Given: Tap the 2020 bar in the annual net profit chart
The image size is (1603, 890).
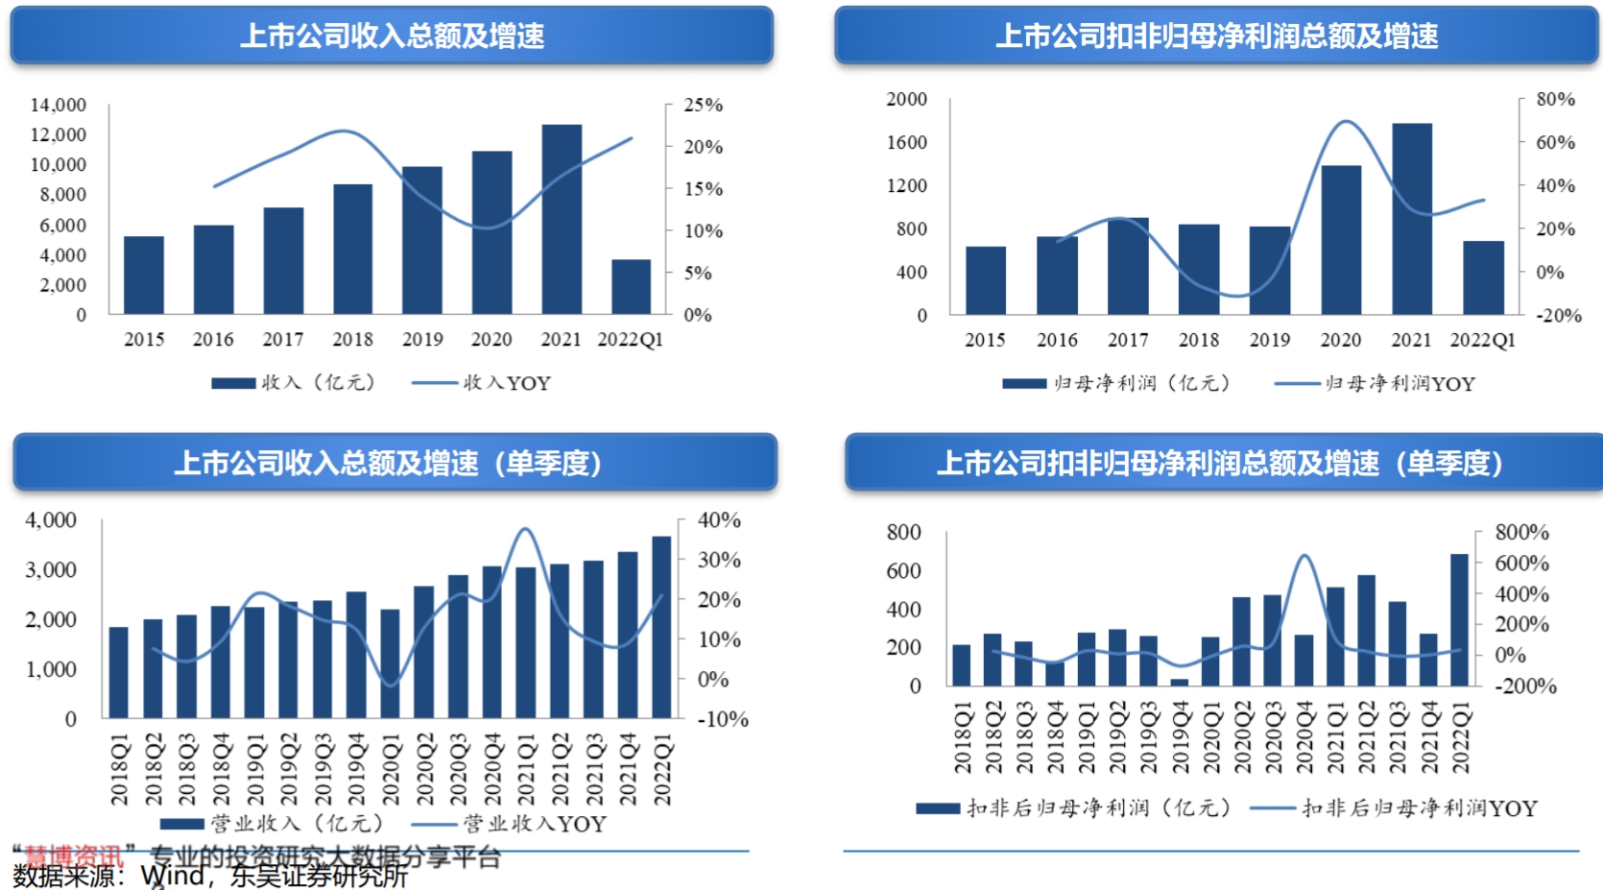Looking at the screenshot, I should pyautogui.click(x=1341, y=240).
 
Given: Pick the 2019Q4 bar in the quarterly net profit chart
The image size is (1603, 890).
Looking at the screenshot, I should pyautogui.click(x=1180, y=682).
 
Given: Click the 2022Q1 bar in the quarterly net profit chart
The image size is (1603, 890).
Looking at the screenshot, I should pyautogui.click(x=1459, y=619).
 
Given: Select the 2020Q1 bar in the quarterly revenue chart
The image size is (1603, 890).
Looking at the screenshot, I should pyautogui.click(x=390, y=663).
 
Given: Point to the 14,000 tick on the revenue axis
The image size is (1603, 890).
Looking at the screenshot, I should pyautogui.click(x=59, y=105).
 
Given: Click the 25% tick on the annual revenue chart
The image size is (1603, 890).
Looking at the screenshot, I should pyautogui.click(x=703, y=105).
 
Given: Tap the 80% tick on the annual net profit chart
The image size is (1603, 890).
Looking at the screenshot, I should pyautogui.click(x=1555, y=99).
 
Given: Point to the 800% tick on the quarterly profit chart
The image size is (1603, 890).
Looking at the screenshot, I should pyautogui.click(x=1521, y=532).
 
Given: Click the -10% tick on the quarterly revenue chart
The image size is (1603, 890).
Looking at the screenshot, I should pyautogui.click(x=722, y=719).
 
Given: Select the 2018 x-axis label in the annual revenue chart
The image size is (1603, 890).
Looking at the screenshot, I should pyautogui.click(x=352, y=339).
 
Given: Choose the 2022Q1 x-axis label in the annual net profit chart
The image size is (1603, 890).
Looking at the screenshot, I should pyautogui.click(x=1482, y=340).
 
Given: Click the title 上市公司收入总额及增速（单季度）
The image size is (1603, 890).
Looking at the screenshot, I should pyautogui.click(x=388, y=463).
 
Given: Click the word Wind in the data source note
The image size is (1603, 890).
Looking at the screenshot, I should pyautogui.click(x=172, y=876).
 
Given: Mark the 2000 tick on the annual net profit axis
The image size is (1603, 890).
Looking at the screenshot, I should pyautogui.click(x=906, y=99).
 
